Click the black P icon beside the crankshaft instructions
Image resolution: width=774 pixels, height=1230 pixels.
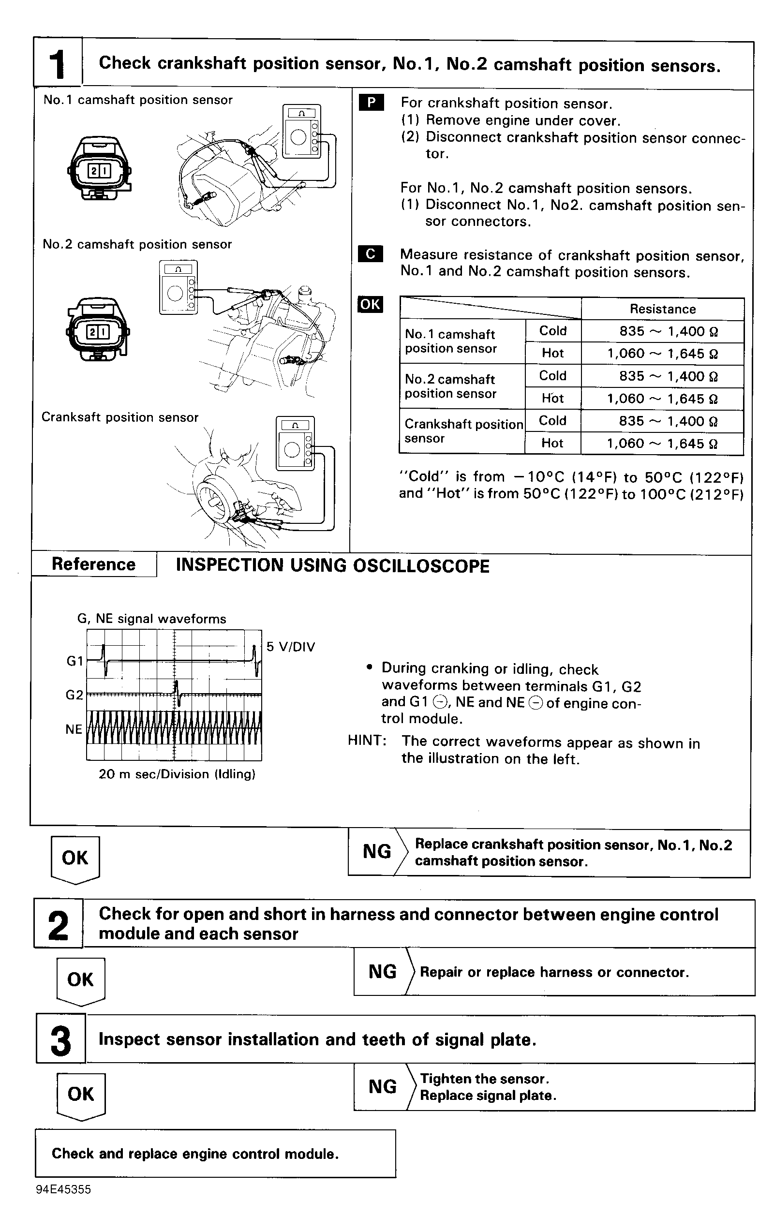click(372, 103)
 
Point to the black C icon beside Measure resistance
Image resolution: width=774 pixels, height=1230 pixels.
click(371, 254)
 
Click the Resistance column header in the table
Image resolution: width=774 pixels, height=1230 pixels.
click(662, 309)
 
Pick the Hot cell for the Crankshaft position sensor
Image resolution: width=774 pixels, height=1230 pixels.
click(552, 443)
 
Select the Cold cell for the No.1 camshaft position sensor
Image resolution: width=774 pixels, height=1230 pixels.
click(553, 331)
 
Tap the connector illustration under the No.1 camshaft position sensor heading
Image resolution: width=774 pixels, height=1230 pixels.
click(99, 169)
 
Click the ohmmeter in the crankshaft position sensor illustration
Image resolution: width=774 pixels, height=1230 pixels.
click(295, 443)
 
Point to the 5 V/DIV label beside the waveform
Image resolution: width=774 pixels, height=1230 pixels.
click(291, 647)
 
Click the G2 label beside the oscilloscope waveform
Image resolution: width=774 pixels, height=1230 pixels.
click(74, 695)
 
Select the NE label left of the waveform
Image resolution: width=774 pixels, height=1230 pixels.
click(74, 729)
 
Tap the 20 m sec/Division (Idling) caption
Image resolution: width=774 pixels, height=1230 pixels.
click(177, 774)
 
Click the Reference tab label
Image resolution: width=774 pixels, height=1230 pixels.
click(93, 564)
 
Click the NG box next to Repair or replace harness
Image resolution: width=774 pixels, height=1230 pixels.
click(382, 971)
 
